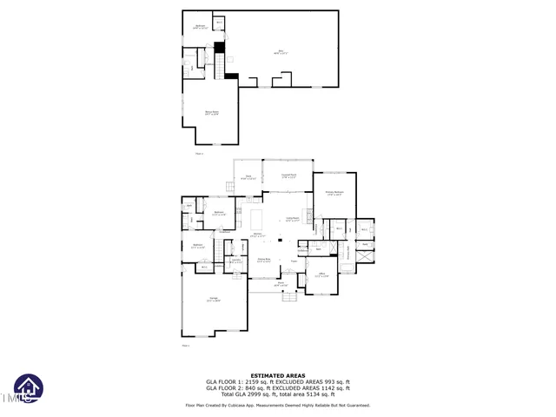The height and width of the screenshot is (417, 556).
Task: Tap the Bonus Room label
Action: [211, 113]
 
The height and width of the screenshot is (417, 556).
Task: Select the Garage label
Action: [213, 301]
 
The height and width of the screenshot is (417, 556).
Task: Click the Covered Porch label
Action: [288, 177]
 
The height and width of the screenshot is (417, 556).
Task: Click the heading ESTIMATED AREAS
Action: [277, 375]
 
